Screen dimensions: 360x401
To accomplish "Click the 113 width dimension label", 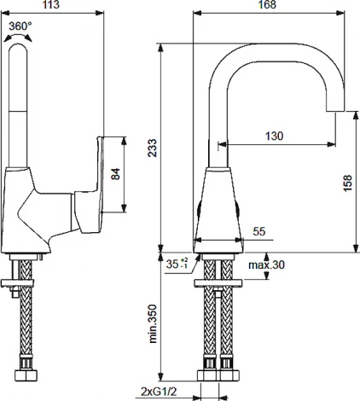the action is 51,4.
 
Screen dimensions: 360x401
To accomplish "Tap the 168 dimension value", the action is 267,4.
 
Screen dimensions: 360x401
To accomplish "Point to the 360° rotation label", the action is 20,26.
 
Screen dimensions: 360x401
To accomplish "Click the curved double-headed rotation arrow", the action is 18,36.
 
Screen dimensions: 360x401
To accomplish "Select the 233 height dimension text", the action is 153,148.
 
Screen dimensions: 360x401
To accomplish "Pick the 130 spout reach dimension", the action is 274,136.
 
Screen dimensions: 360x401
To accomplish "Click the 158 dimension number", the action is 347,183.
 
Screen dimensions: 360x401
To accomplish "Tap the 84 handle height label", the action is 115,174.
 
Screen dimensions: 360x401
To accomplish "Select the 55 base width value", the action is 258,231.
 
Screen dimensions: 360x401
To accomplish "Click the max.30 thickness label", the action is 266,265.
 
